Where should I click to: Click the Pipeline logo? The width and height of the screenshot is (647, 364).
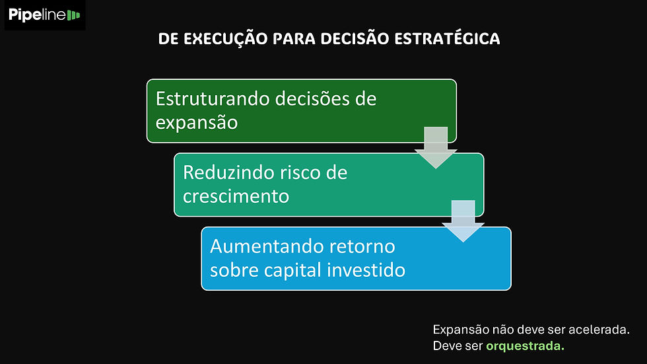[x=45, y=15]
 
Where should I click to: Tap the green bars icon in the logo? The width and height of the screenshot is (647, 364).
[x=74, y=15]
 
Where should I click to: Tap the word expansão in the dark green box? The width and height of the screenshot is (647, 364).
[x=197, y=123]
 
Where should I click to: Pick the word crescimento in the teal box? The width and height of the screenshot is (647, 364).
[x=236, y=196]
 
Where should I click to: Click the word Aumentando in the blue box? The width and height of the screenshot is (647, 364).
[x=266, y=246]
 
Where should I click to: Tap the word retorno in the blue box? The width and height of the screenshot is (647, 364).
[x=361, y=246]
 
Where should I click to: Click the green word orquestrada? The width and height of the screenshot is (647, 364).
[x=526, y=346]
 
